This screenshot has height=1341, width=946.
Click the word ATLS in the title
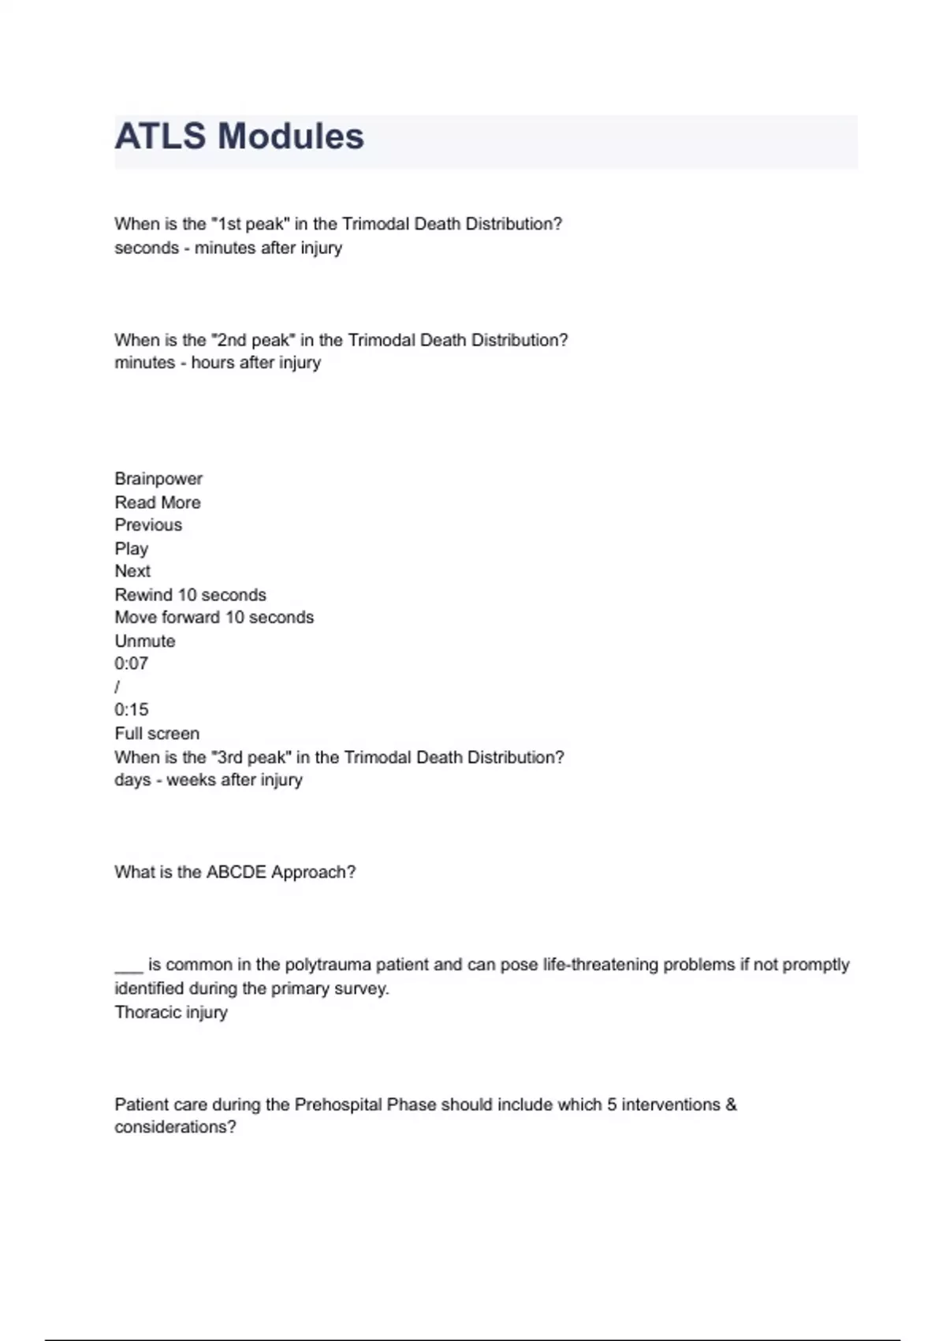click(161, 136)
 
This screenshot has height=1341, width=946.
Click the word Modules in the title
click(291, 136)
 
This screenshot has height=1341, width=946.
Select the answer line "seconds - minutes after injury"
click(228, 248)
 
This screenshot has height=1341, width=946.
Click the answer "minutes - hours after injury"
click(218, 363)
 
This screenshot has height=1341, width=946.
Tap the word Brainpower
click(158, 479)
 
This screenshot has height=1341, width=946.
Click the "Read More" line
click(158, 502)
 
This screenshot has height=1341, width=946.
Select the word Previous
click(148, 525)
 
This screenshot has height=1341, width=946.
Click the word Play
click(131, 549)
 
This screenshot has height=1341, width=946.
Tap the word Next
click(132, 571)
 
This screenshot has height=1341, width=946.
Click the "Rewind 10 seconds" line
click(190, 595)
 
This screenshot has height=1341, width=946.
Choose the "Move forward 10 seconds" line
click(214, 618)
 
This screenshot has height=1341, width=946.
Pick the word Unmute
click(145, 641)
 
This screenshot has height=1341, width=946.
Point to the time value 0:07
click(131, 663)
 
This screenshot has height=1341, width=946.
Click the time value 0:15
click(131, 710)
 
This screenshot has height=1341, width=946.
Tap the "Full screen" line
click(157, 734)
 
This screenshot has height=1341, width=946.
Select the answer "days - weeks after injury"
click(208, 780)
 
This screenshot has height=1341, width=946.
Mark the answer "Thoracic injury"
click(171, 1012)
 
